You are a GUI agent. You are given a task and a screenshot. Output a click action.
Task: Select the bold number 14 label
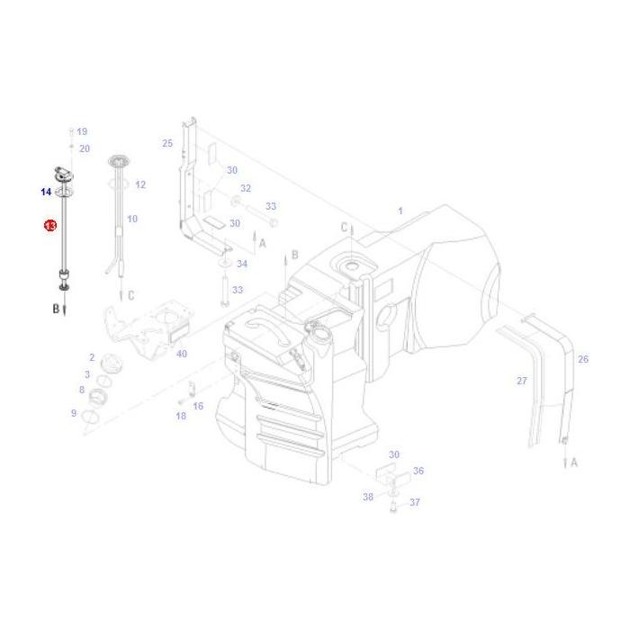click(x=45, y=193)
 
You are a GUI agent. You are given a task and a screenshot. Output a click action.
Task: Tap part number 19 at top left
click(x=82, y=131)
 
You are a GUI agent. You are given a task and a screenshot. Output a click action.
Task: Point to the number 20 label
click(x=85, y=148)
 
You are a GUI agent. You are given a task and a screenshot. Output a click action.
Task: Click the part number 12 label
click(x=139, y=184)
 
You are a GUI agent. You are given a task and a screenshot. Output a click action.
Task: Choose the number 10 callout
click(x=132, y=219)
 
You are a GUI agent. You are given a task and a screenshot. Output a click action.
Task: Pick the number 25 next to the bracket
click(x=166, y=143)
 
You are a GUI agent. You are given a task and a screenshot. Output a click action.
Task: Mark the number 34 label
click(x=242, y=264)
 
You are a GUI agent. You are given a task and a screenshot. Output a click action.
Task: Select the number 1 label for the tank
click(x=400, y=211)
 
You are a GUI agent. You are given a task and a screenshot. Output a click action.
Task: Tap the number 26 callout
click(x=582, y=359)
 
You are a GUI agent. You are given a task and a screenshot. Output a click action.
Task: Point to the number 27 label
click(x=521, y=381)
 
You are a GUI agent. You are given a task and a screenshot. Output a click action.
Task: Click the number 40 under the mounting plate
click(x=182, y=354)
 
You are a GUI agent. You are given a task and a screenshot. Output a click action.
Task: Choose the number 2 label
click(x=92, y=357)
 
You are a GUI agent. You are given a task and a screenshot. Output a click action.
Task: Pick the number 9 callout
click(x=74, y=413)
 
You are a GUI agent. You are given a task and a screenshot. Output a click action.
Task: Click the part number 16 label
click(x=198, y=406)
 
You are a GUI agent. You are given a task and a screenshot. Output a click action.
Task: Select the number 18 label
click(x=180, y=416)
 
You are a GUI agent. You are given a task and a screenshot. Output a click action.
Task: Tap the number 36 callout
click(x=418, y=471)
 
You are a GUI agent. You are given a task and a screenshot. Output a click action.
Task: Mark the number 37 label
click(x=414, y=502)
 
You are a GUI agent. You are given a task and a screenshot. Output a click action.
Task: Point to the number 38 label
click(x=368, y=497)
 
